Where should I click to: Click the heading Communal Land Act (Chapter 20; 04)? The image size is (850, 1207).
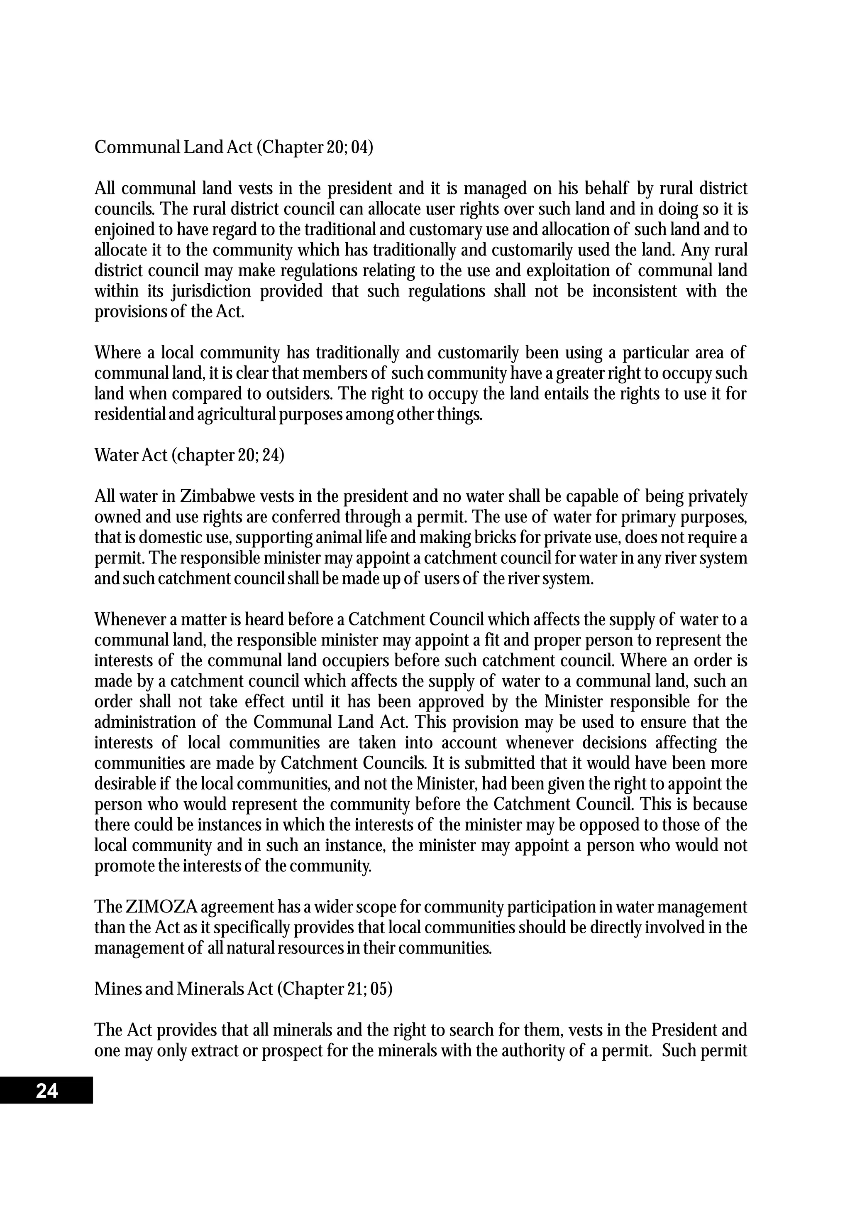pyautogui.click(x=234, y=147)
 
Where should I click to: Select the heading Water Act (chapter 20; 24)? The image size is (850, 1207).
pyautogui.click(x=189, y=455)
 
